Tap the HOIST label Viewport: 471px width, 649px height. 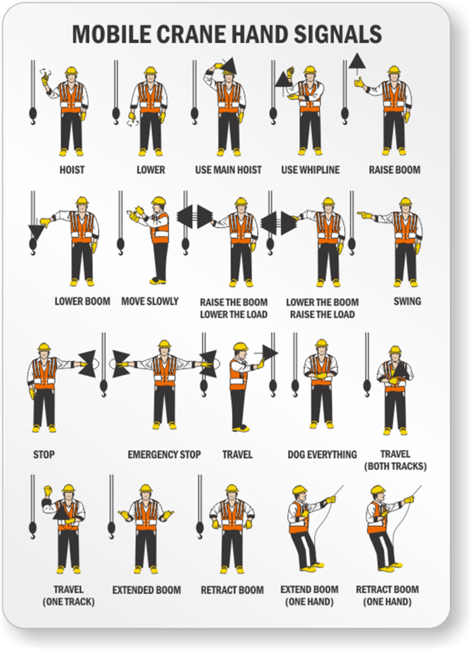click(x=72, y=170)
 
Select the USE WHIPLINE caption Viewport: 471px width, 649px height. click(x=311, y=170)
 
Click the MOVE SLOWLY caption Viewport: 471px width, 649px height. click(x=150, y=301)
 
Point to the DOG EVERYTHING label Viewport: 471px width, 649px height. click(x=322, y=454)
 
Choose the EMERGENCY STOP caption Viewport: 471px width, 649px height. click(x=164, y=454)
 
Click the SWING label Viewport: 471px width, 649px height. click(x=407, y=301)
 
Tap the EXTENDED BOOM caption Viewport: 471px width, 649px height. click(x=146, y=590)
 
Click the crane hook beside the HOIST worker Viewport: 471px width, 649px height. click(x=33, y=115)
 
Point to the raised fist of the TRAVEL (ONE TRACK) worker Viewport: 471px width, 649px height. click(x=48, y=491)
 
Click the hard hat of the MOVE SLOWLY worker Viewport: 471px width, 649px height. click(x=158, y=201)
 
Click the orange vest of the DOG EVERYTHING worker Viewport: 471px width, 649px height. click(x=321, y=369)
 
